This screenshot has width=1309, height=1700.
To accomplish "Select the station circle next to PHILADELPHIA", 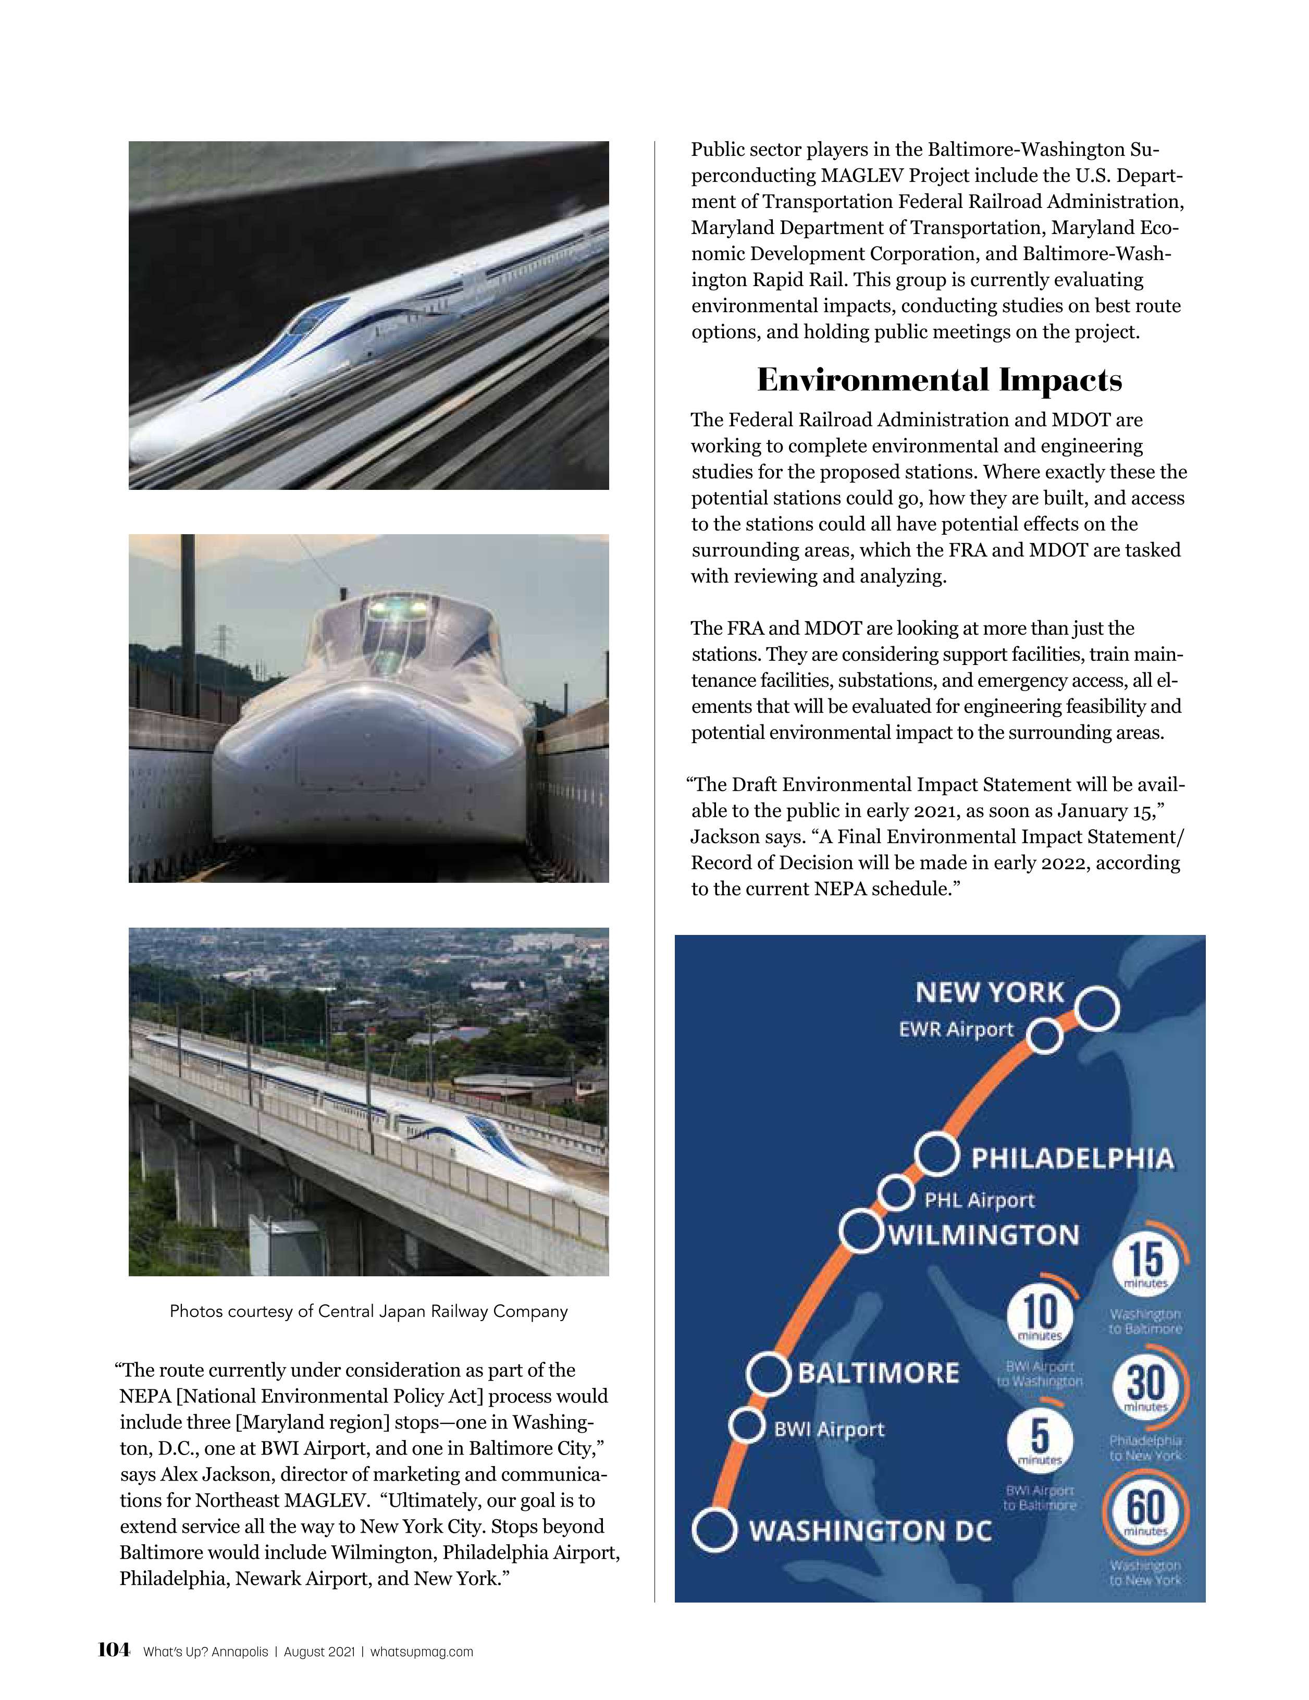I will [935, 1155].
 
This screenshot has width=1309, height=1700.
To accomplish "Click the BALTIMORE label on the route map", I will [879, 1373].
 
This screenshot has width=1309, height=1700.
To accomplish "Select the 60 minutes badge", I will [1145, 1511].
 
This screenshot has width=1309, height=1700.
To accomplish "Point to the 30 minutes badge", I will [1145, 1386].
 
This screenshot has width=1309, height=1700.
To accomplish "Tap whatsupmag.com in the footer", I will [421, 1652].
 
